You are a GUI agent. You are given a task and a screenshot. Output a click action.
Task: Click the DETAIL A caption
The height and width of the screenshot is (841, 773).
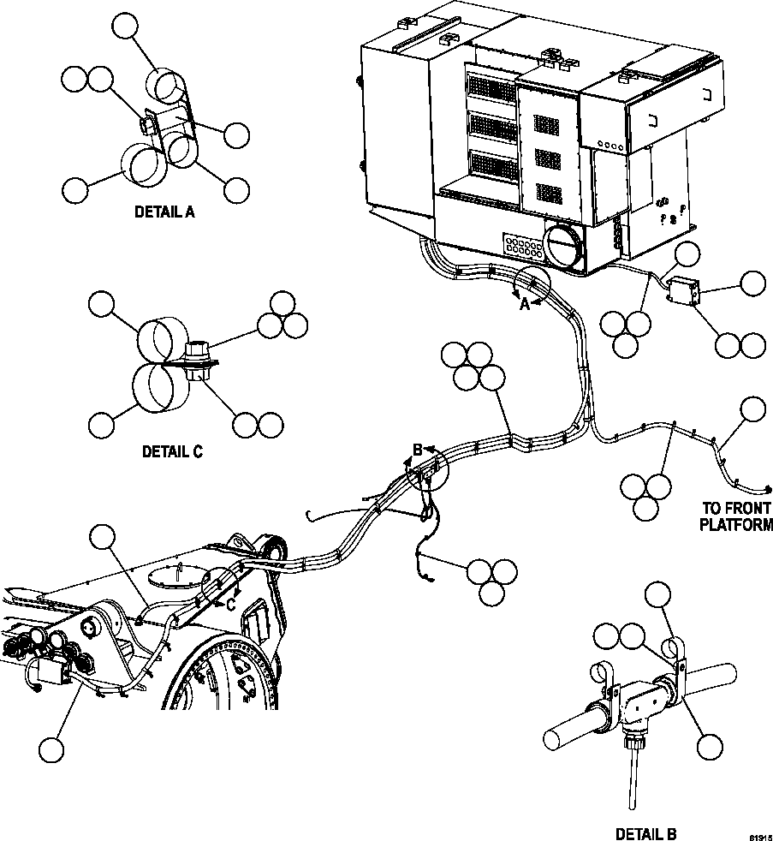click(164, 212)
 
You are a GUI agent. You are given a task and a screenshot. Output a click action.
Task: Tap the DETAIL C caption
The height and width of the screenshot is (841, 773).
click(172, 451)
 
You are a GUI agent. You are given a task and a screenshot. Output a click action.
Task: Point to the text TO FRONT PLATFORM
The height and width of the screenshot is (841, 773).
click(736, 516)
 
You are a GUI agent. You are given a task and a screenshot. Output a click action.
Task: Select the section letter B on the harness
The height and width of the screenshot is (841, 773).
click(418, 449)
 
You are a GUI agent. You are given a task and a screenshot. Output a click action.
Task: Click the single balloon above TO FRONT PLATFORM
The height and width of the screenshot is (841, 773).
click(752, 410)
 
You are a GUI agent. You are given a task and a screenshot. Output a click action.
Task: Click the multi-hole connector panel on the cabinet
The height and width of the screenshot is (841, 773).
click(522, 249)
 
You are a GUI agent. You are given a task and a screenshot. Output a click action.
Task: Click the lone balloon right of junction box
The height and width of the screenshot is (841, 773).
click(752, 283)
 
